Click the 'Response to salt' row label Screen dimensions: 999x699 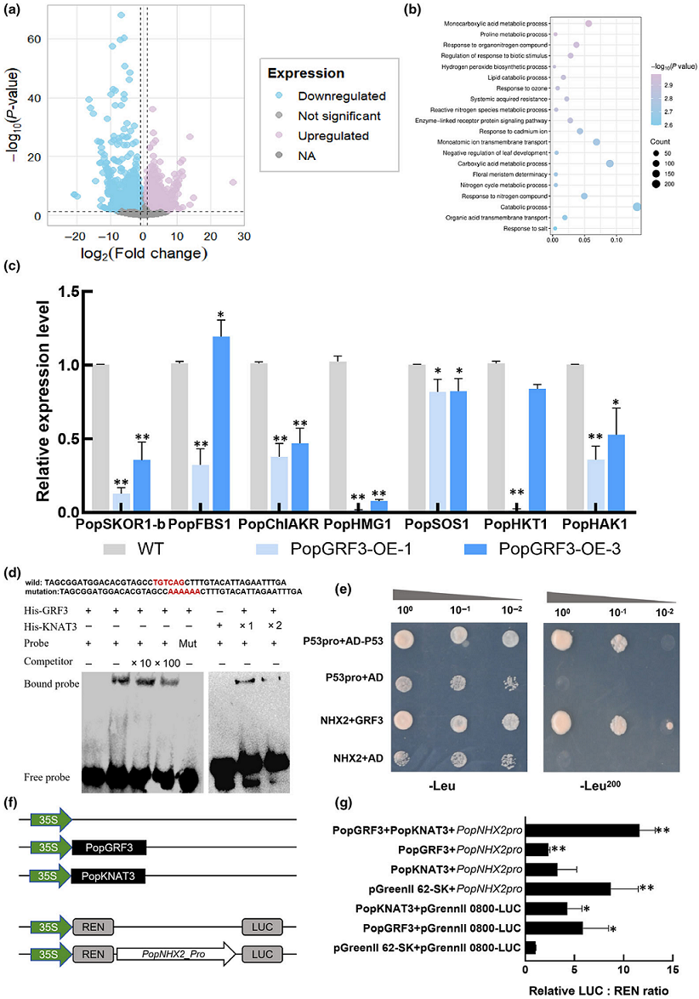(527, 229)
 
